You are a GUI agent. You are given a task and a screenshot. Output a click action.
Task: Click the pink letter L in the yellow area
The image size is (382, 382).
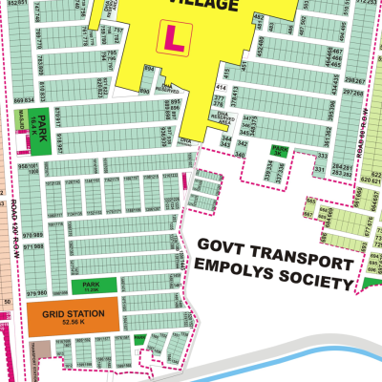tap(173, 38)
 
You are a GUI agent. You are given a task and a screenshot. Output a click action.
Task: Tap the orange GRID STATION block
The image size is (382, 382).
tap(74, 314)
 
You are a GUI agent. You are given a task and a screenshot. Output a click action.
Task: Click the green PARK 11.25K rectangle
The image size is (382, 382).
tap(92, 285)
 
